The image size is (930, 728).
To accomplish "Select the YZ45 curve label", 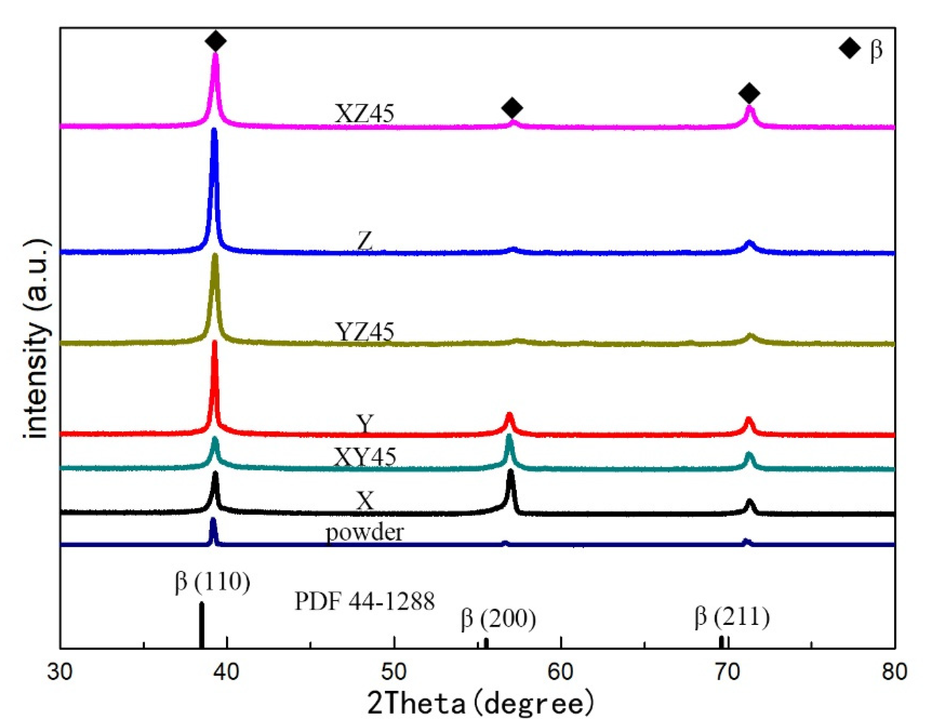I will (365, 332).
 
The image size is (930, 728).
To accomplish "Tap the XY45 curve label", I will (365, 457).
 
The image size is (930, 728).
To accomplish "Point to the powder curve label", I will (365, 532).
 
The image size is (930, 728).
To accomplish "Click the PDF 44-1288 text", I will (365, 601).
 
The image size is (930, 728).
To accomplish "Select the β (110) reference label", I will (213, 581).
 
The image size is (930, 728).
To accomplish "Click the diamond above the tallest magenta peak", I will (216, 41).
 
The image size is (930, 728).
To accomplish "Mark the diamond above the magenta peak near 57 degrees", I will (512, 108).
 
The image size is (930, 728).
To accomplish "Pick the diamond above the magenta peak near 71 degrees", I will (749, 93).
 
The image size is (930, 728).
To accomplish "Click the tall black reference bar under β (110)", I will (201, 625).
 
